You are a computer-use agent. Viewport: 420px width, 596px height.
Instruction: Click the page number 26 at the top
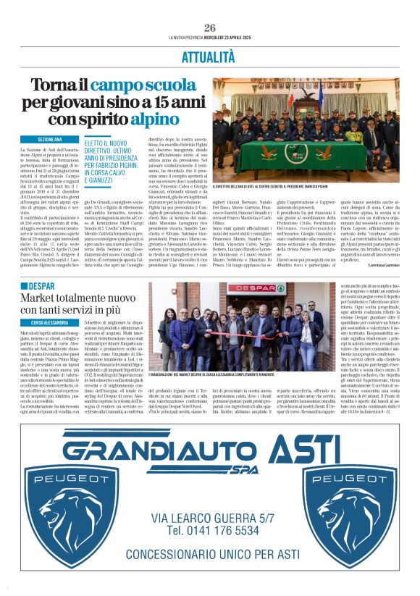click(209, 27)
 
